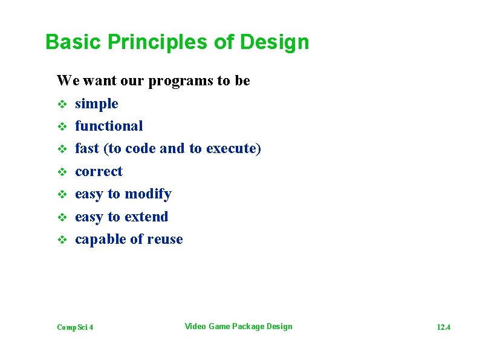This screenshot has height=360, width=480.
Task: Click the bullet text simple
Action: (x=97, y=104)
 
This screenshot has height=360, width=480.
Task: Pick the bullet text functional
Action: (x=109, y=126)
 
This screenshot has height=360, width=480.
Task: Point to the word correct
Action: (x=99, y=172)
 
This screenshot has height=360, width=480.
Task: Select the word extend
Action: (x=146, y=217)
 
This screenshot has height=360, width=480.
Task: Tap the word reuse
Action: (x=163, y=240)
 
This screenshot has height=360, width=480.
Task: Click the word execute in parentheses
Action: (x=232, y=149)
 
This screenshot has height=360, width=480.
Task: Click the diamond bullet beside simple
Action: (x=61, y=105)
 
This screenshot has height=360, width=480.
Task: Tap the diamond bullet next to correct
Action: (x=61, y=172)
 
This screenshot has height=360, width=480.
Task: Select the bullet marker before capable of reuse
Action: (x=61, y=240)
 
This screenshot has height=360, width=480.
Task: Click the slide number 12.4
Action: (x=443, y=327)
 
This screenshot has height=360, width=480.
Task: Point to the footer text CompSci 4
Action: (x=75, y=327)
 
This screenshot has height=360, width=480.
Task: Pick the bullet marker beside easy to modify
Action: (x=61, y=195)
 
